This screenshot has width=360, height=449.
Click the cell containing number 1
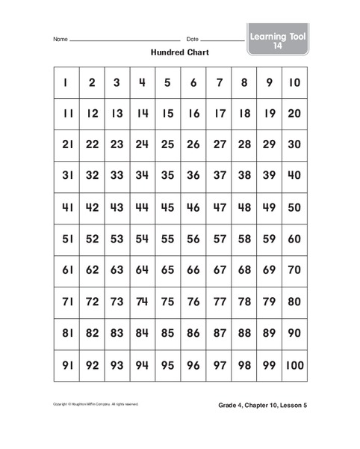pyautogui.click(x=66, y=83)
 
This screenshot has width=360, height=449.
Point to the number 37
pyautogui.click(x=218, y=177)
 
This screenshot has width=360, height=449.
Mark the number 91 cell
pyautogui.click(x=66, y=366)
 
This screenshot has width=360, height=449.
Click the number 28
pyautogui.click(x=243, y=146)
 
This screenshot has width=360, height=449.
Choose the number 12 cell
pyautogui.click(x=92, y=114)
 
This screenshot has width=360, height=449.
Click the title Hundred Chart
pyautogui.click(x=179, y=53)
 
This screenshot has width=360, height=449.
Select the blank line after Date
pyautogui.click(x=222, y=40)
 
